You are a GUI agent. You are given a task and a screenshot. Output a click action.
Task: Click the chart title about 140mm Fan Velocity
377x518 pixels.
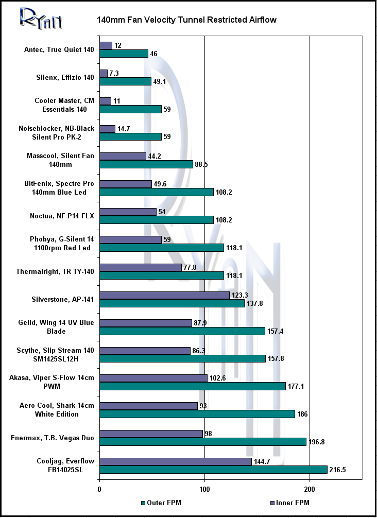[187, 20]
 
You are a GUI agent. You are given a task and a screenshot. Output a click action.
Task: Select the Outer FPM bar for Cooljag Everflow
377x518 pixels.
[213, 470]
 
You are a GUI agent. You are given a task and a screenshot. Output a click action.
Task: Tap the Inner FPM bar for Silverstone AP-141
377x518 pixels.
[164, 296]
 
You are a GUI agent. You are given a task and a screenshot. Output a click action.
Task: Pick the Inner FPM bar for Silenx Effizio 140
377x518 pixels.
[104, 73]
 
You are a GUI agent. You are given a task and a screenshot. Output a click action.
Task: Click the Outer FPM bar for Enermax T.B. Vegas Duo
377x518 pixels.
[203, 442]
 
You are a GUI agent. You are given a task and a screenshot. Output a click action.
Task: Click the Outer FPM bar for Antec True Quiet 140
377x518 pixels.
[124, 54]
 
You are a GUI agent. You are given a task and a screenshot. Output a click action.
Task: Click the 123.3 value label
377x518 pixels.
[239, 296]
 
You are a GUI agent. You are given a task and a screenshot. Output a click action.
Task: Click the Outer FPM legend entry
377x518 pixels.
[161, 503]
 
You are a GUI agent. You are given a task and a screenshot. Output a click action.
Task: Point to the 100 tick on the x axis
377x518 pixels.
[204, 489]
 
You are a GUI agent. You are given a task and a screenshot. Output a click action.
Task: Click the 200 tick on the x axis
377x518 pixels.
[310, 489]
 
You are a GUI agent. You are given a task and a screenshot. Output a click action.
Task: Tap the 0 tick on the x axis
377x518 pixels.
[99, 489]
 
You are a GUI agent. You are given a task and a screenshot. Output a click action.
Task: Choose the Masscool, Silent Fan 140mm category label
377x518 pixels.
[60, 160]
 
